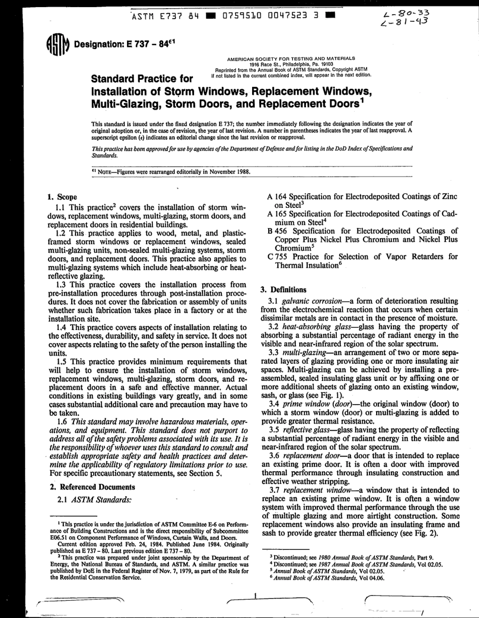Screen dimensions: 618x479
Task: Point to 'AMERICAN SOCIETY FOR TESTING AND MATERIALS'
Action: [291, 59]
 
